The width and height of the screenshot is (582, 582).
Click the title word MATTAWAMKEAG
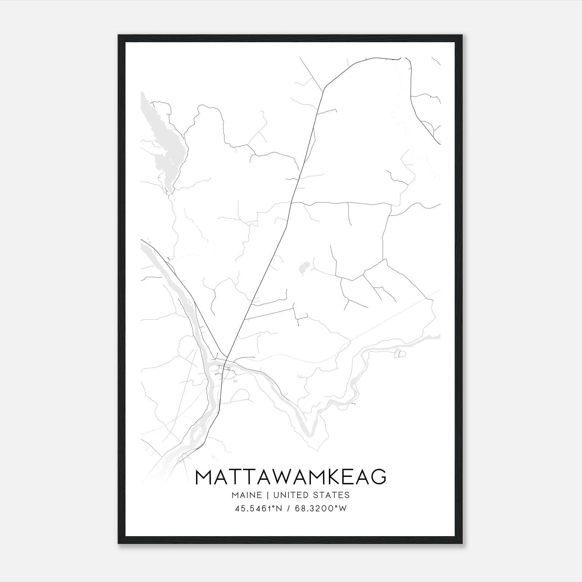pos(291,477)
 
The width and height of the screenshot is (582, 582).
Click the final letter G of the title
pos(378,477)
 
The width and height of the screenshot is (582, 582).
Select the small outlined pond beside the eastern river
pos(399,354)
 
